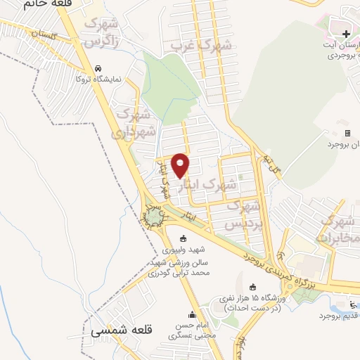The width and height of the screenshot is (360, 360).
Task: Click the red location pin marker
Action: tap(181, 165)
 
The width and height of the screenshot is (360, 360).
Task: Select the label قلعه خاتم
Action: tap(28, 4)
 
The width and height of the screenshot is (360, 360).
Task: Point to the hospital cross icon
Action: tap(346, 34)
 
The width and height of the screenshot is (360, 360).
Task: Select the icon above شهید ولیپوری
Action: tap(184, 237)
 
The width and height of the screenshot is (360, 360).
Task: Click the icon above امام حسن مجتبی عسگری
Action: tap(191, 314)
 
